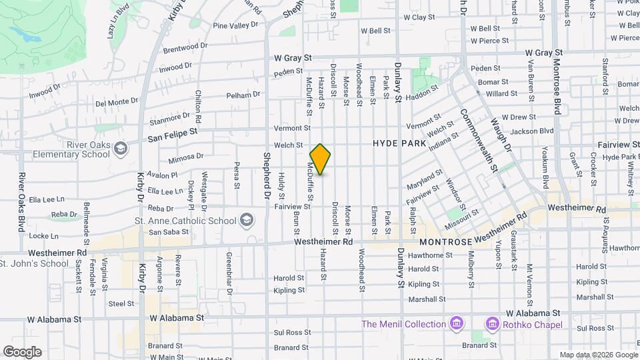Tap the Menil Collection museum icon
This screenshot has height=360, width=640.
point(457,324)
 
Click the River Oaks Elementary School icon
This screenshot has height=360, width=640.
point(120,147)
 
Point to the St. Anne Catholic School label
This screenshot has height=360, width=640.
point(185,221)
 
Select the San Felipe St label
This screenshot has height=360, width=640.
point(173,137)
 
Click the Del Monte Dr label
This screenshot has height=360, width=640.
point(117,103)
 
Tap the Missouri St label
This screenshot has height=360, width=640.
point(464,216)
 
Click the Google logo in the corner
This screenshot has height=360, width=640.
point(21,352)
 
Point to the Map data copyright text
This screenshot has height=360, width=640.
point(598,355)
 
